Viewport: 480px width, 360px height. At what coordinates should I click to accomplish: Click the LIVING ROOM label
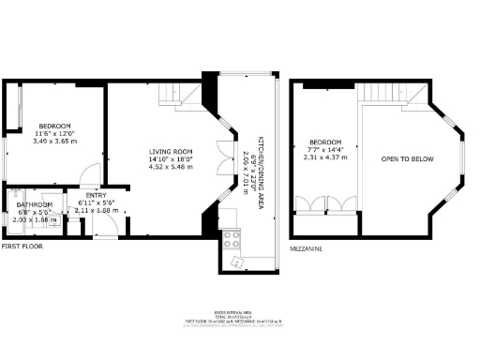(x=171, y=151)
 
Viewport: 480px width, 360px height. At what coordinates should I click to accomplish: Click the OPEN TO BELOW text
(x=407, y=159)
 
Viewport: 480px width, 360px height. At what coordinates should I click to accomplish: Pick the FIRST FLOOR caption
(x=22, y=246)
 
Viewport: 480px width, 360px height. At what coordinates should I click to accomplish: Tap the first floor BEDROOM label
(x=53, y=125)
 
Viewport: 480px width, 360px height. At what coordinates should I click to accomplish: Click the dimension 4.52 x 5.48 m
(x=171, y=166)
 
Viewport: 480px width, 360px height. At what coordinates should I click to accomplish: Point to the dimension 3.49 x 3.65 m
(x=53, y=140)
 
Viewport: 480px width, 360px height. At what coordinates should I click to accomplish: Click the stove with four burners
(x=232, y=239)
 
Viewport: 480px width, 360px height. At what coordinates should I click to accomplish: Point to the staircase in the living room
(x=172, y=95)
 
